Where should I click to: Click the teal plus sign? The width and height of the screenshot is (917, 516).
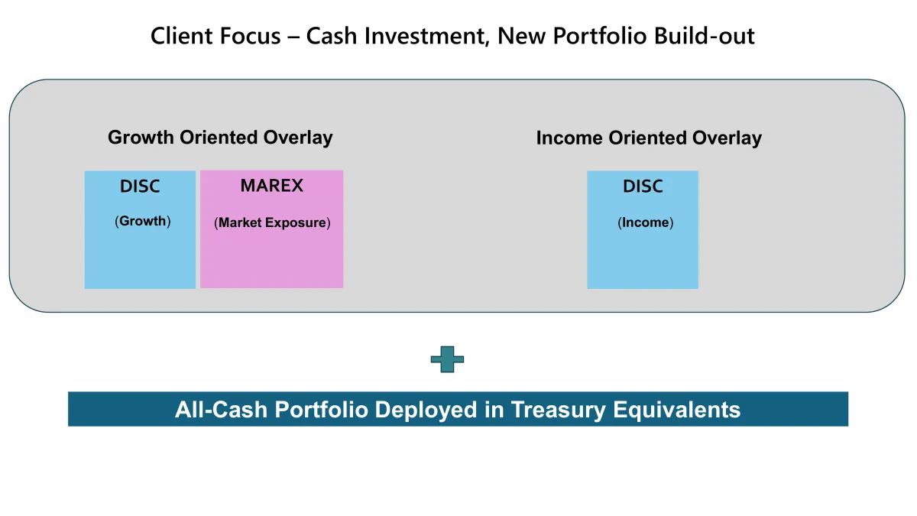point(447,359)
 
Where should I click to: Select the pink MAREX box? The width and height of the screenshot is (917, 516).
point(271,229)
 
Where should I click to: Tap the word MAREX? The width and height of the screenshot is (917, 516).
point(271,186)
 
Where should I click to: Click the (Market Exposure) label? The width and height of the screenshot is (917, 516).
point(272,222)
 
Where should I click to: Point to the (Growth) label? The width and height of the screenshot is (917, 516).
point(142,221)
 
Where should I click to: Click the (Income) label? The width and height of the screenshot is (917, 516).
point(645,222)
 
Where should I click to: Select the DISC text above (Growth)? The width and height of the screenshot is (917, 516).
point(140,187)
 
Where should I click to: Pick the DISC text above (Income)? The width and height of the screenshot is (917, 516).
point(643,187)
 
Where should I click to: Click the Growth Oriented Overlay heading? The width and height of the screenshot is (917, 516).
point(220,138)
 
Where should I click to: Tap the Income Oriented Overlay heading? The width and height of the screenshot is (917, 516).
point(649,138)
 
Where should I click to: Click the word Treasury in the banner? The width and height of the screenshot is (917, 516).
point(558,410)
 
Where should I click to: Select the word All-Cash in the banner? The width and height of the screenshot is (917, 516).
point(221,409)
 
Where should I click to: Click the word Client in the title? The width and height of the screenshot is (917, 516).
point(180,36)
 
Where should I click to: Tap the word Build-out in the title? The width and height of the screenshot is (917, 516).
point(704,36)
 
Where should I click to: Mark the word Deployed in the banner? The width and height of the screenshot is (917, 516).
point(426,410)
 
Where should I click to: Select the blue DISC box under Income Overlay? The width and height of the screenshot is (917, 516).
point(643,230)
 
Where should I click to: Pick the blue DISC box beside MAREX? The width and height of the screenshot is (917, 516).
point(140,230)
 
